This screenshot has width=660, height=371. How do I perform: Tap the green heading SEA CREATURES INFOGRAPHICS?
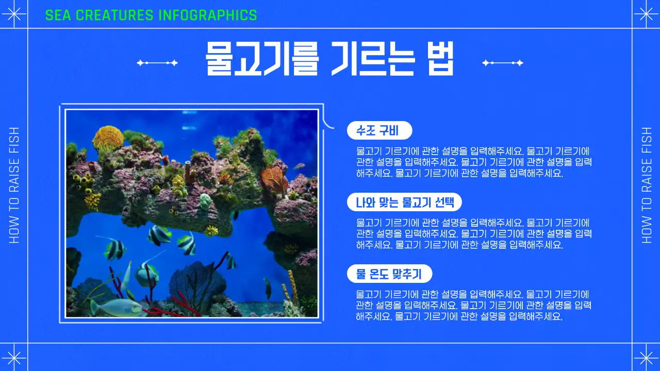coord(151,15)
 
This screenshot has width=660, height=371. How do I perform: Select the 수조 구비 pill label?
coord(379,130)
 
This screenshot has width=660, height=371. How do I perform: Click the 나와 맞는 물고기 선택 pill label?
coord(404,202)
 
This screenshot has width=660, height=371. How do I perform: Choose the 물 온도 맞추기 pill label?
coord(389,274)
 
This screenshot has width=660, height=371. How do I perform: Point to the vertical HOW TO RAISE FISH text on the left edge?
coord(14,185)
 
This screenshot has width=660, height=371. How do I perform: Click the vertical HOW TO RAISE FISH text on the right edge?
coord(647,185)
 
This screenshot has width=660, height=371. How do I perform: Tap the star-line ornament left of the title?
coord(157,63)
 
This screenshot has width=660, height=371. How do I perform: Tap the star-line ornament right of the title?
coord(502,63)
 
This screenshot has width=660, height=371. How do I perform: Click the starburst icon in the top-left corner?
coord(14,14)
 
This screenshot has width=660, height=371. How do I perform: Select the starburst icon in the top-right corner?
coord(646,14)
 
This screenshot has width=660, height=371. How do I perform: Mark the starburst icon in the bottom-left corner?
coord(14,358)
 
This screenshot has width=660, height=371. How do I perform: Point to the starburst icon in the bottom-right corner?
coord(646,358)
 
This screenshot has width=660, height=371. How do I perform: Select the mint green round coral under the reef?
coord(205,200)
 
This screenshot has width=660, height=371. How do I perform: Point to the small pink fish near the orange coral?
coord(300,166)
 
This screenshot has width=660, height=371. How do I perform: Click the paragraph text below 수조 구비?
coord(473,162)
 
